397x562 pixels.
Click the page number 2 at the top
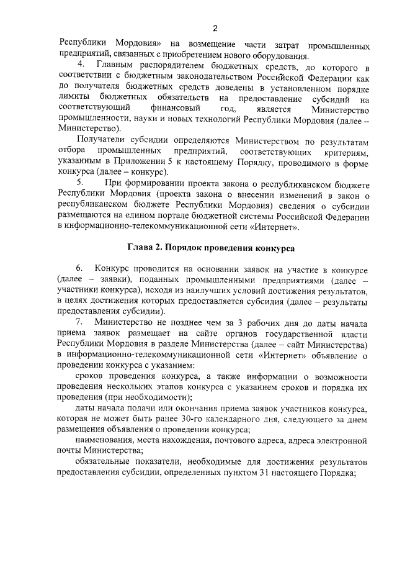(x=215, y=28)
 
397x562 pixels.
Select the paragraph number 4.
(x=79, y=66)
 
